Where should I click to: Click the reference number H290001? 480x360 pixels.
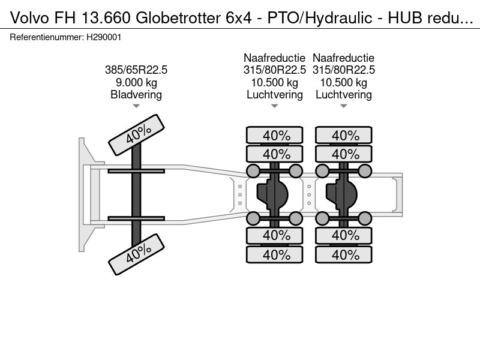104,37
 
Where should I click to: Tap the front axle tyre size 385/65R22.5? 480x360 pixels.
136,70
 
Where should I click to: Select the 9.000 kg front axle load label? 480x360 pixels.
136,82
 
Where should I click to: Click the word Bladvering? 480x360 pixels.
136,95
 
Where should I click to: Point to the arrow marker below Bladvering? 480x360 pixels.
136,106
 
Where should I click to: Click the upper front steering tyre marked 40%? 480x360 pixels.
137,134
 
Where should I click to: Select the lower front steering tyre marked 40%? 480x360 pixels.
137,254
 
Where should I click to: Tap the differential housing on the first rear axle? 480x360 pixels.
272,194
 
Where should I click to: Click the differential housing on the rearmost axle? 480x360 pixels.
341,194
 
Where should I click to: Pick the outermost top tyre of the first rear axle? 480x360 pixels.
275,135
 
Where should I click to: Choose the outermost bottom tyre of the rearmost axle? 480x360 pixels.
344,254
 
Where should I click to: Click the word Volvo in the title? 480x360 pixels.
29,18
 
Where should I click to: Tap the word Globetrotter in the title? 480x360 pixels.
178,18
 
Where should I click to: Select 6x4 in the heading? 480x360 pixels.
239,18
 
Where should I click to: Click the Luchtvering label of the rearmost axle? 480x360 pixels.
344,95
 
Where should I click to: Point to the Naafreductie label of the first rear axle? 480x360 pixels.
275,58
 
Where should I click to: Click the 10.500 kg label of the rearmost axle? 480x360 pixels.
344,82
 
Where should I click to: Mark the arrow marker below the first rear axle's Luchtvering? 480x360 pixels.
275,106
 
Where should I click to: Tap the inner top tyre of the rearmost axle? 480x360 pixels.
344,154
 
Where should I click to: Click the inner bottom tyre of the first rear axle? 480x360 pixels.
275,235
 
